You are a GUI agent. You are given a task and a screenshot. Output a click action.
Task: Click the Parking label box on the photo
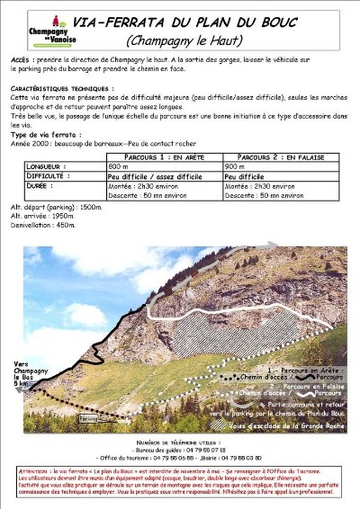[87, 419]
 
